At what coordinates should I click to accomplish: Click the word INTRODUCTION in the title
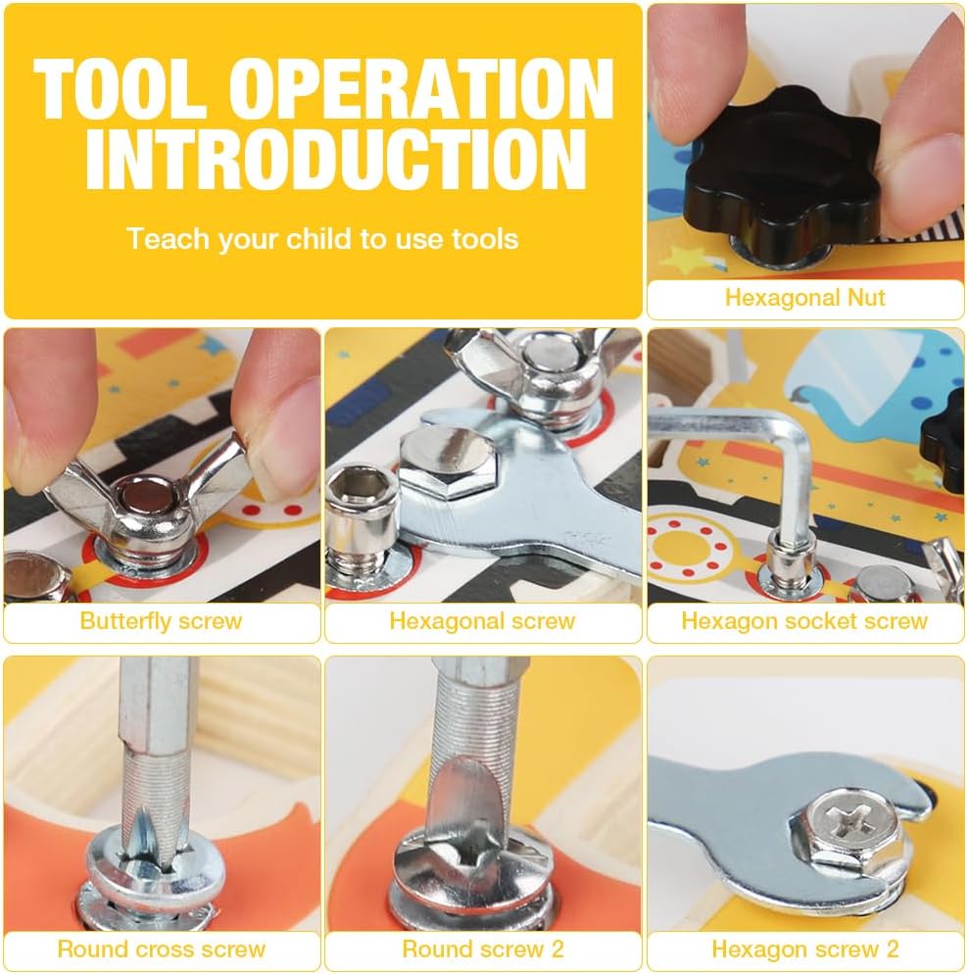[x=336, y=159]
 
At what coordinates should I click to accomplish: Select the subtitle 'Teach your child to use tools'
[x=322, y=238]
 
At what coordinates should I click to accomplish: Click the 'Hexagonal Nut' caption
[x=804, y=298]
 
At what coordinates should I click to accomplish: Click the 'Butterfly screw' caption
[x=161, y=620]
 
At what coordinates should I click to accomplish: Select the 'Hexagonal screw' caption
[x=482, y=620]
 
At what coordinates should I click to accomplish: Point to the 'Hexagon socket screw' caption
[x=804, y=620]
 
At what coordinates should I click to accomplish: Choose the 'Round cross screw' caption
[x=161, y=949]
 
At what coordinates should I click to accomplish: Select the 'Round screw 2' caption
[x=482, y=949]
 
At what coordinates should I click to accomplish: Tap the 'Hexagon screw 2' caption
[x=804, y=949]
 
